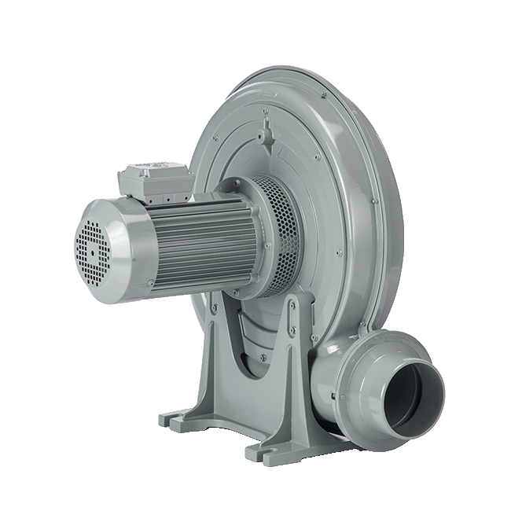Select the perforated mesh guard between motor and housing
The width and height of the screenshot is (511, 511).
[x=279, y=236]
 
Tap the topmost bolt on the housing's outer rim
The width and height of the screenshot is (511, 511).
[x=322, y=96]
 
